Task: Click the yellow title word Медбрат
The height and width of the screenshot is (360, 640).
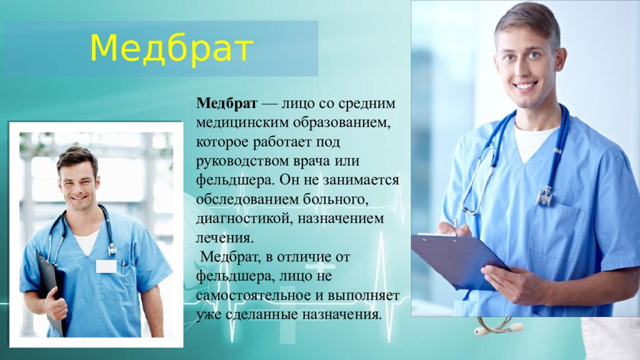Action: point(171,49)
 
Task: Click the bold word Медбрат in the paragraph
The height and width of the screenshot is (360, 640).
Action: point(227,103)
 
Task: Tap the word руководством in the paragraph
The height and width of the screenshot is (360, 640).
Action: point(242,161)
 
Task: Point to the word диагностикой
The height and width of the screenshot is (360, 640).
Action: point(244,219)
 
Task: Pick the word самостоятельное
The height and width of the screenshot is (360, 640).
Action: point(254,295)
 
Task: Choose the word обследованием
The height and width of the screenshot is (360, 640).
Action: point(247,199)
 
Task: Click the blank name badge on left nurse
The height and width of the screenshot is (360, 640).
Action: point(106,266)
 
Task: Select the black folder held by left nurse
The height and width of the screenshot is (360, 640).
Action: point(51,292)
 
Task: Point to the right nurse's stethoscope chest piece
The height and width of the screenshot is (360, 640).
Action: point(545,196)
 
